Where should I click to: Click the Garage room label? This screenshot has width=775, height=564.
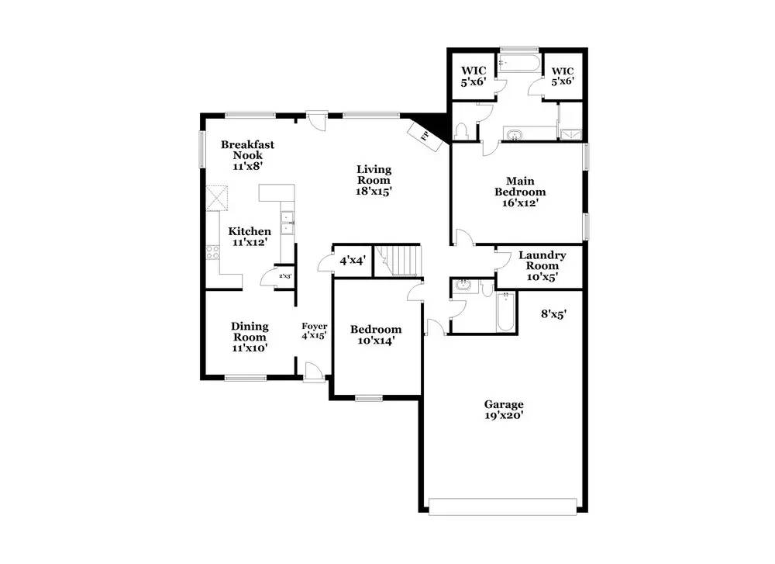504,410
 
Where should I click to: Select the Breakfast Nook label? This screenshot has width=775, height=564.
248,155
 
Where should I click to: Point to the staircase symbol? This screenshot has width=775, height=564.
398,260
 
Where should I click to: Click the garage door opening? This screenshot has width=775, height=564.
503,507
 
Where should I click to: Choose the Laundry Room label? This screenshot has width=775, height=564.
542,265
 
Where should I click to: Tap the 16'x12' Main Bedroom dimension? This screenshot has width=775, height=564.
520,202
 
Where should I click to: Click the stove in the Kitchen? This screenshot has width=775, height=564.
213,253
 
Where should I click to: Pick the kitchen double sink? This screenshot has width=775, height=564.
288,223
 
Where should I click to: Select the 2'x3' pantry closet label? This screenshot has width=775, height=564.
285,276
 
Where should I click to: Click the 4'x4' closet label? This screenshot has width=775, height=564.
353,260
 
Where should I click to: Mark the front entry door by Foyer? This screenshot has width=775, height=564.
314,372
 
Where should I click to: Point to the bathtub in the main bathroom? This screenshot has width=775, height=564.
519,64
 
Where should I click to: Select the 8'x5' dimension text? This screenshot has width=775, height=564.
553,313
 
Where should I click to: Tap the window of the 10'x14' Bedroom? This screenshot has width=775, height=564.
369,398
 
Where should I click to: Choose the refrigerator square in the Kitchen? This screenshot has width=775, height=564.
217,197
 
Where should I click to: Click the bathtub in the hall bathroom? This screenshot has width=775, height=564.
505,312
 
